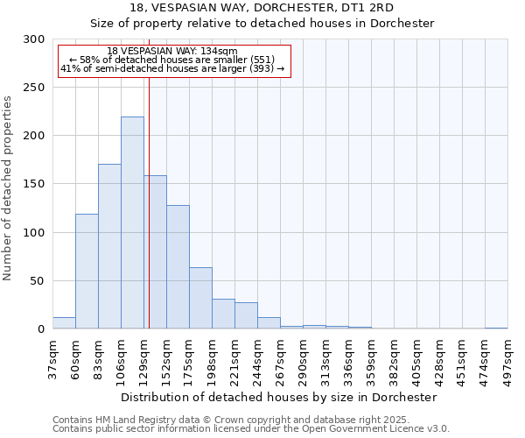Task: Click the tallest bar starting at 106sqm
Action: pos(132,223)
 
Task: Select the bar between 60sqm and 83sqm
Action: pos(87,272)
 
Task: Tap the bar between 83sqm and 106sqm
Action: pos(109,246)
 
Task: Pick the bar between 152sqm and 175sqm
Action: pos(178,267)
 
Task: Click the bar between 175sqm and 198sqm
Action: pos(200,298)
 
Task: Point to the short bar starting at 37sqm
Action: pos(64,323)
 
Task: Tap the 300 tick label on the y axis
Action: pos(34,39)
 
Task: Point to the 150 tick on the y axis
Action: pos(34,184)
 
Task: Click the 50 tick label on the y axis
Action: pos(38,281)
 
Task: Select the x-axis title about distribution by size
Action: pos(279,397)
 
